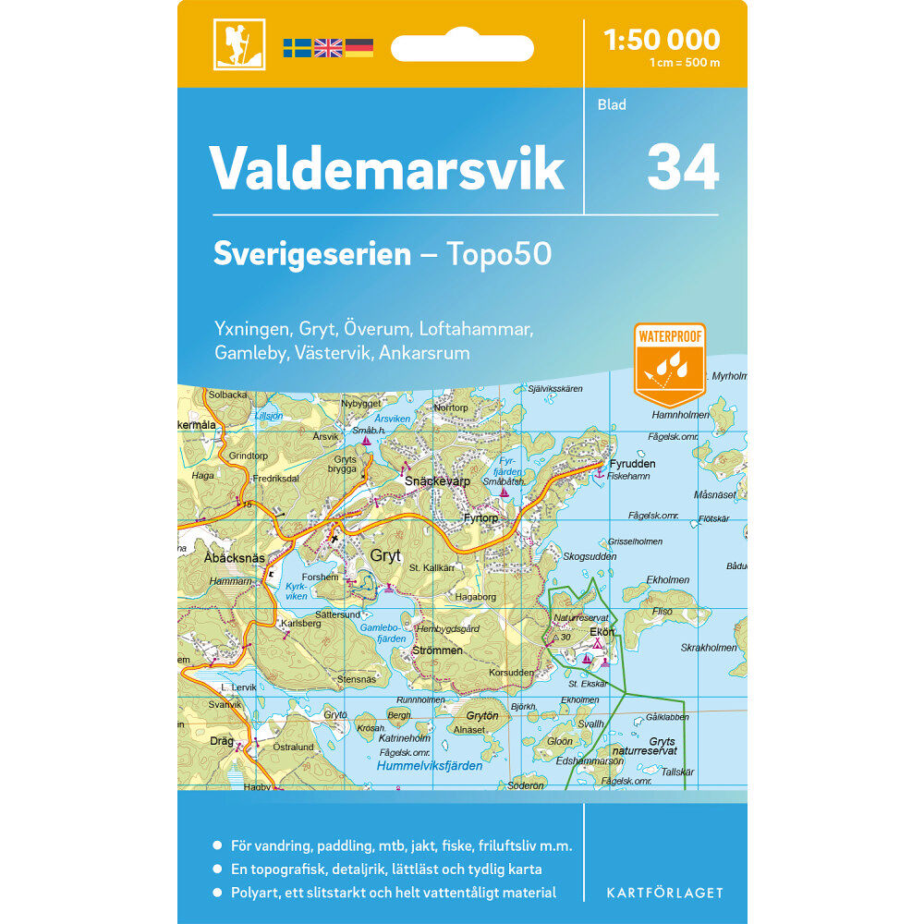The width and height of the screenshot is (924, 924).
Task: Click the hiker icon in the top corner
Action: click(238, 43)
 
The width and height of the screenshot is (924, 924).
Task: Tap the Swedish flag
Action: click(298, 47)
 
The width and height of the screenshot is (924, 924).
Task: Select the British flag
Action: click(328, 47)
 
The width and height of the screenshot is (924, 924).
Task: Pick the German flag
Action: click(359, 47)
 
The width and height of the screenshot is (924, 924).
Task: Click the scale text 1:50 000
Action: click(661, 39)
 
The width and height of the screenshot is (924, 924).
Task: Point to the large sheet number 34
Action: click(683, 166)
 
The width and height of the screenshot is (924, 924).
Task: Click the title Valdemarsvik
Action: click(387, 167)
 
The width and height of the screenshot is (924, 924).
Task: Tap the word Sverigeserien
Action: click(311, 254)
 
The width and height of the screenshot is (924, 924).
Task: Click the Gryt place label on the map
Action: click(385, 555)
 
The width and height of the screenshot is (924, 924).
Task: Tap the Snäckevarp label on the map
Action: click(438, 482)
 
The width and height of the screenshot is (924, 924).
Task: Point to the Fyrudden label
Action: click(633, 464)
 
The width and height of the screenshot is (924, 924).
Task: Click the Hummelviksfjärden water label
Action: click(430, 766)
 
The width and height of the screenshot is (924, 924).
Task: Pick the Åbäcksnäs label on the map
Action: click(234, 558)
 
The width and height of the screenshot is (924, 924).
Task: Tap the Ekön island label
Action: click(602, 633)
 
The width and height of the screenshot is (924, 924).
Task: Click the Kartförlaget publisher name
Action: click(664, 893)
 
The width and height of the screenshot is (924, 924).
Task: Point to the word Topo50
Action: click(499, 254)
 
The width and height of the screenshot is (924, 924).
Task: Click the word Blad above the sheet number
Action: click(612, 104)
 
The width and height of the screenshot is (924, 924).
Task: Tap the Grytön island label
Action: click(482, 715)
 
